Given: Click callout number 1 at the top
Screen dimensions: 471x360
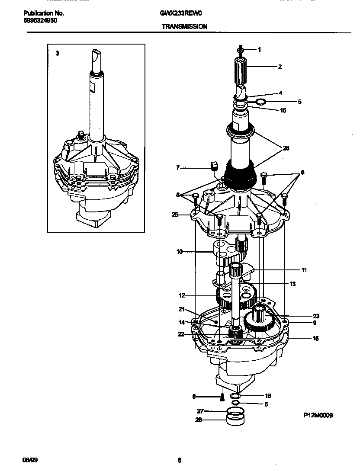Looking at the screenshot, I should pyautogui.click(x=259, y=50).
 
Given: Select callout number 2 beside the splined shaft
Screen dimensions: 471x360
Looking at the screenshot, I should pyautogui.click(x=280, y=67).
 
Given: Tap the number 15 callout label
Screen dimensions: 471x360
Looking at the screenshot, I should pyautogui.click(x=283, y=110).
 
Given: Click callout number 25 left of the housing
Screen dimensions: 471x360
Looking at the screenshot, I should pyautogui.click(x=175, y=214).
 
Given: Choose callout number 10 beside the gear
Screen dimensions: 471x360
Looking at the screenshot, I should pyautogui.click(x=179, y=251).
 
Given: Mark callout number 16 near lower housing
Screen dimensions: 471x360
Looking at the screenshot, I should pyautogui.click(x=315, y=338).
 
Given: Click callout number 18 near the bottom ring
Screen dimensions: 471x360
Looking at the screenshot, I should pyautogui.click(x=268, y=396).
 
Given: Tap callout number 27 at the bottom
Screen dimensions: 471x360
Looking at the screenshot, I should pyautogui.click(x=200, y=411).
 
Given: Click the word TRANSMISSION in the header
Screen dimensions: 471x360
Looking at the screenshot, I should pyautogui.click(x=184, y=26).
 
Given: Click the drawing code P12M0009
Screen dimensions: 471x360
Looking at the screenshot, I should pyautogui.click(x=318, y=415).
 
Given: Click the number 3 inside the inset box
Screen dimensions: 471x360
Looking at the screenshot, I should pyautogui.click(x=57, y=54).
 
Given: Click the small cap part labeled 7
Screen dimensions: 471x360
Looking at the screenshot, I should pyautogui.click(x=213, y=166).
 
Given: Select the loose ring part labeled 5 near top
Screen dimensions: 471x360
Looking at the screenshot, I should pyautogui.click(x=260, y=102).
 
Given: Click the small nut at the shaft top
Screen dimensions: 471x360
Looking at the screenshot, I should pyautogui.click(x=240, y=49).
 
